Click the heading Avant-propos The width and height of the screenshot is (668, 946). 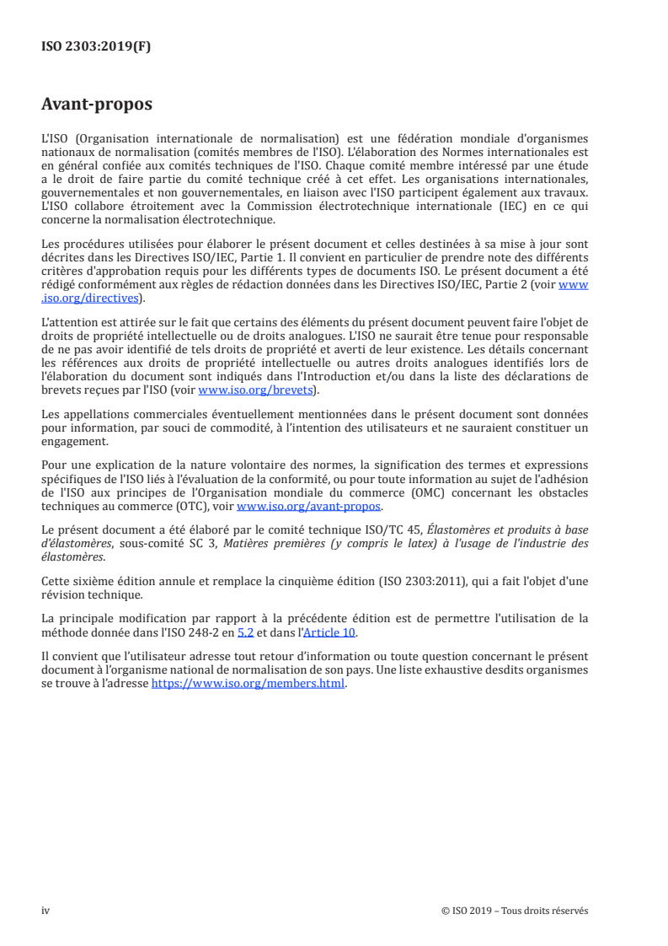[x=97, y=105]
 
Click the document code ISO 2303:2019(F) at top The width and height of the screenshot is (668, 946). [x=96, y=47]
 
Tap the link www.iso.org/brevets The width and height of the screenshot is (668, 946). [x=254, y=390]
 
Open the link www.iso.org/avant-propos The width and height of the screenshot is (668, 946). [x=309, y=506]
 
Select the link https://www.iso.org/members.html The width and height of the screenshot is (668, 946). [x=248, y=684]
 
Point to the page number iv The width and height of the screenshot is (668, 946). [x=45, y=911]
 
